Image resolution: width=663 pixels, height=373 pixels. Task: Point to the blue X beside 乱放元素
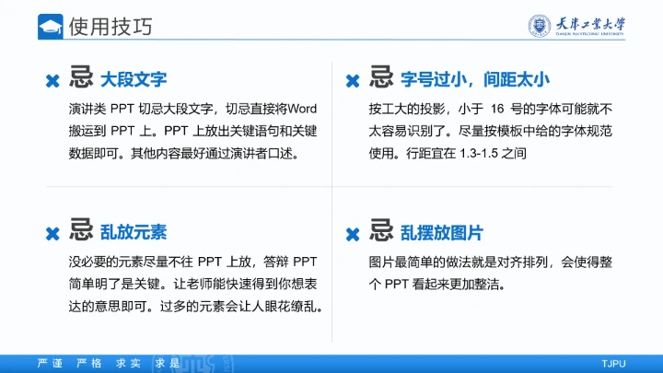pos(53,234)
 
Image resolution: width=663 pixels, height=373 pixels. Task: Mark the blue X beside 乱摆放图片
pos(352,234)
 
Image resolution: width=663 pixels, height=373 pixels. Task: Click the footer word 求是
pos(168,363)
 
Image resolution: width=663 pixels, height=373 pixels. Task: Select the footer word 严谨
pos(49,363)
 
